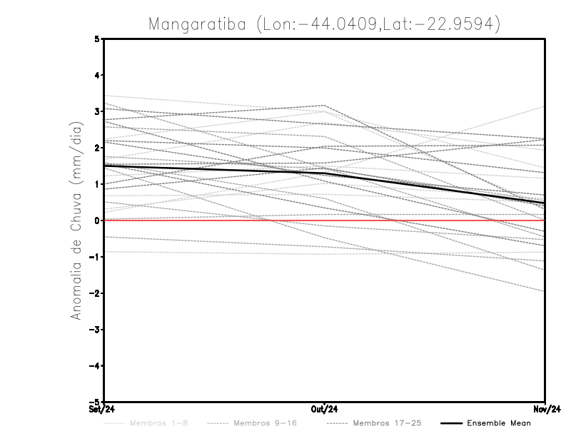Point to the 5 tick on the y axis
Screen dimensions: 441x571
pos(97,39)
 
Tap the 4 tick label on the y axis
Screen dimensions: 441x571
pos(97,75)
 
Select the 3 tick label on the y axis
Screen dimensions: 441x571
pos(97,111)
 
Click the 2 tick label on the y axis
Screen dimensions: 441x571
pos(97,148)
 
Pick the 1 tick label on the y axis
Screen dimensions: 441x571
pos(97,184)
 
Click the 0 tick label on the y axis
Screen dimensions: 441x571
pos(97,220)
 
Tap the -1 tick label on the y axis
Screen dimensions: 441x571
pos(95,257)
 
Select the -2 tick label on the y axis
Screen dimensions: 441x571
pos(95,293)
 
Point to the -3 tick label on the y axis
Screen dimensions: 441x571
pos(95,330)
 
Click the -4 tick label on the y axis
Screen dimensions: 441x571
pos(95,366)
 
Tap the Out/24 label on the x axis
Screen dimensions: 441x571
pos(325,410)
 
